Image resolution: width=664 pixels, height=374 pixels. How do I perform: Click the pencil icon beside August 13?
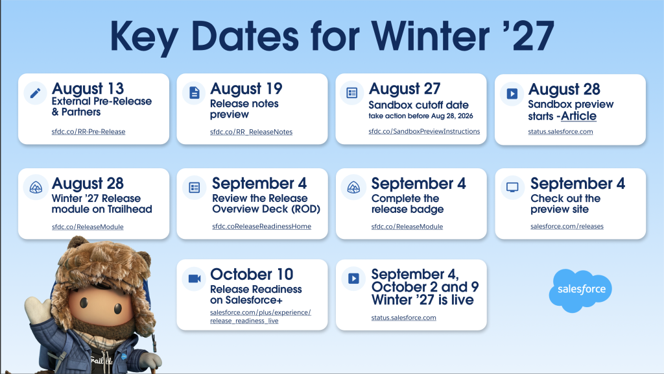(x=36, y=92)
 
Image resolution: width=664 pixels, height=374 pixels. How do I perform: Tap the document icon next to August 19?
(x=195, y=92)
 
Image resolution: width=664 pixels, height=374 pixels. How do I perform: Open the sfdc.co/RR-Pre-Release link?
(x=88, y=131)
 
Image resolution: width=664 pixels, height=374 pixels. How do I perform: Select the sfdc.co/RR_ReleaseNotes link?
(x=251, y=132)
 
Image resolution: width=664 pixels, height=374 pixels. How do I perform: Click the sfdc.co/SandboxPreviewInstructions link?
(x=424, y=131)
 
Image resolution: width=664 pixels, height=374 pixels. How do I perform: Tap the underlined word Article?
(x=578, y=116)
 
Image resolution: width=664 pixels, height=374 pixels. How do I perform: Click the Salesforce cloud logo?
(x=580, y=290)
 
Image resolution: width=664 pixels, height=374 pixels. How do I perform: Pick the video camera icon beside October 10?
(x=195, y=279)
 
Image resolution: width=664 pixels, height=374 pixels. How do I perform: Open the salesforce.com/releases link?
(x=567, y=227)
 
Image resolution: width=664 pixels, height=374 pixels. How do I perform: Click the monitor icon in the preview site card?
(x=512, y=188)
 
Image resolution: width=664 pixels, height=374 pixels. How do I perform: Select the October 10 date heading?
(x=252, y=274)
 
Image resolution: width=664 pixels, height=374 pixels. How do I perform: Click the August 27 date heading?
(x=405, y=88)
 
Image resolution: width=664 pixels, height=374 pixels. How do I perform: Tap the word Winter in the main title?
(x=431, y=36)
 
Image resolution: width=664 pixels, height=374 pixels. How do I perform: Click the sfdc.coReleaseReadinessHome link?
(x=262, y=227)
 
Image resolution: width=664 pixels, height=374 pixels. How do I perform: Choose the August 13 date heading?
(x=88, y=88)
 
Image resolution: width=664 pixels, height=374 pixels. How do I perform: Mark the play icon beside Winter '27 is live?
(x=353, y=279)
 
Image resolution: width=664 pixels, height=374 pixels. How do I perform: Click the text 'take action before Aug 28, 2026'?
(x=420, y=116)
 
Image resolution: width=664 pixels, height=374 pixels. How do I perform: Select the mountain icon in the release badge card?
(x=353, y=188)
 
